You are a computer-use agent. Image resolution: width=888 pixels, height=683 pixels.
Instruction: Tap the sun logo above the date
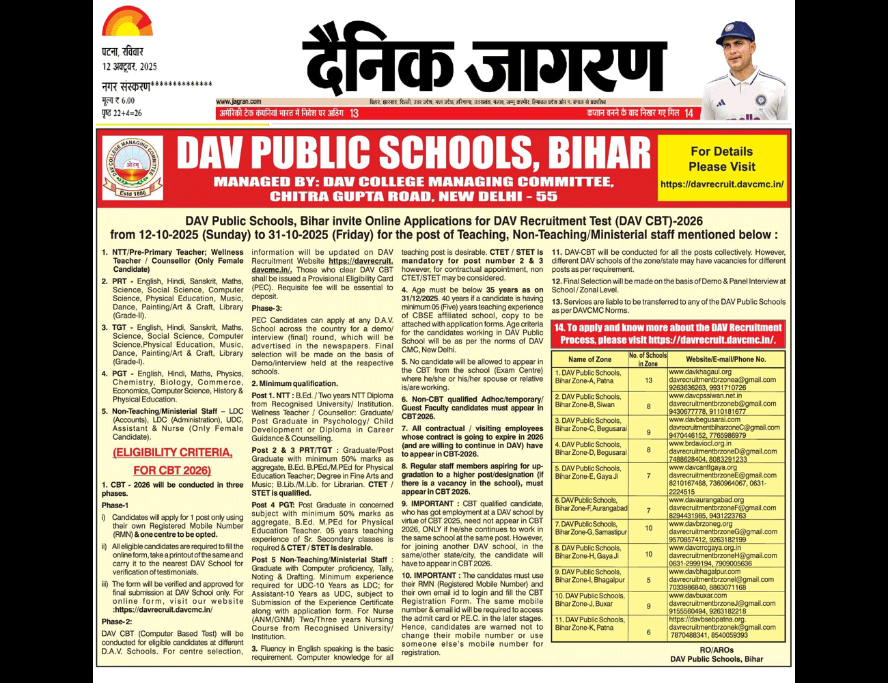pos(127,22)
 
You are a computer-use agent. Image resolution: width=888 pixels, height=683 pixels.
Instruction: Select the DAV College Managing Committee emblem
pos(133,167)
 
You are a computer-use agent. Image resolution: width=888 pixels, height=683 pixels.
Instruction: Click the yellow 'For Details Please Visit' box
pos(721,167)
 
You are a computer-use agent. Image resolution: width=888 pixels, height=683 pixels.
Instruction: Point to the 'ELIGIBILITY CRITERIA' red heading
pos(172,453)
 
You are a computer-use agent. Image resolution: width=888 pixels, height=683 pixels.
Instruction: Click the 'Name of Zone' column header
pos(589,359)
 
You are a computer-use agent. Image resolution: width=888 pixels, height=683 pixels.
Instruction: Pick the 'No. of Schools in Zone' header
pos(648,359)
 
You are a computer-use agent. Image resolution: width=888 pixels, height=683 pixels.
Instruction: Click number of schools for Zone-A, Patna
pos(648,380)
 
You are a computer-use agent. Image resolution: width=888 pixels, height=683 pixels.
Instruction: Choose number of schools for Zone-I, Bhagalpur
pos(648,580)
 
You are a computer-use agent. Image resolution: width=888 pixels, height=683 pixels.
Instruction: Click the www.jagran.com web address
pos(238,102)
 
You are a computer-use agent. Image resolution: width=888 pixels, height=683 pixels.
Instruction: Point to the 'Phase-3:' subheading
pos(263,309)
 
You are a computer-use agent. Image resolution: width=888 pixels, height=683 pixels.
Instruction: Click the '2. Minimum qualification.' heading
pos(294,384)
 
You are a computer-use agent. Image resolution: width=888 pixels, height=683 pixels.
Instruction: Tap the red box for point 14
pos(668,334)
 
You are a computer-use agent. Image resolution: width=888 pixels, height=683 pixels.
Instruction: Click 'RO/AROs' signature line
pos(717,650)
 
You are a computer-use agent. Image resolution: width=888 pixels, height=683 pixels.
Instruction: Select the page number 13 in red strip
pos(354,113)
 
